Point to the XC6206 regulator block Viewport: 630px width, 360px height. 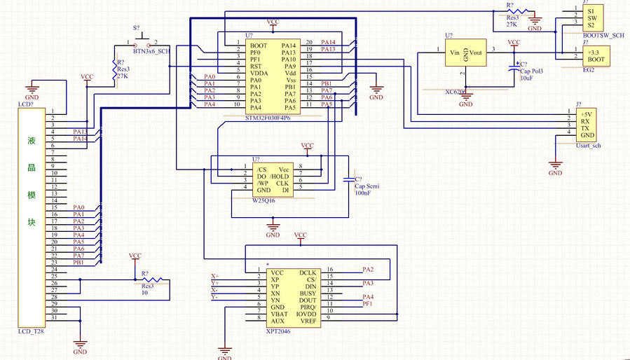click(x=463, y=55)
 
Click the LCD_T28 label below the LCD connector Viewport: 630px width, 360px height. click(x=31, y=331)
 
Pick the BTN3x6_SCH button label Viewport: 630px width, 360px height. click(x=151, y=51)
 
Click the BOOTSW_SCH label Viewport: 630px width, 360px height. click(x=603, y=35)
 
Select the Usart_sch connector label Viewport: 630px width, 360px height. click(x=587, y=146)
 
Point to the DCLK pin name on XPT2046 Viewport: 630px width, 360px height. click(x=308, y=272)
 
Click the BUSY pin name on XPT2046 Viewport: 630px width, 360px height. click(x=308, y=293)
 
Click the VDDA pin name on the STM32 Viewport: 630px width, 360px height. click(x=259, y=73)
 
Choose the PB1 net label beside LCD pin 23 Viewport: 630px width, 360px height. click(x=78, y=263)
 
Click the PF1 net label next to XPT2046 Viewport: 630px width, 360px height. click(x=367, y=305)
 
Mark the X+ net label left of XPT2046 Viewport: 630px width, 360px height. click(x=214, y=275)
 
